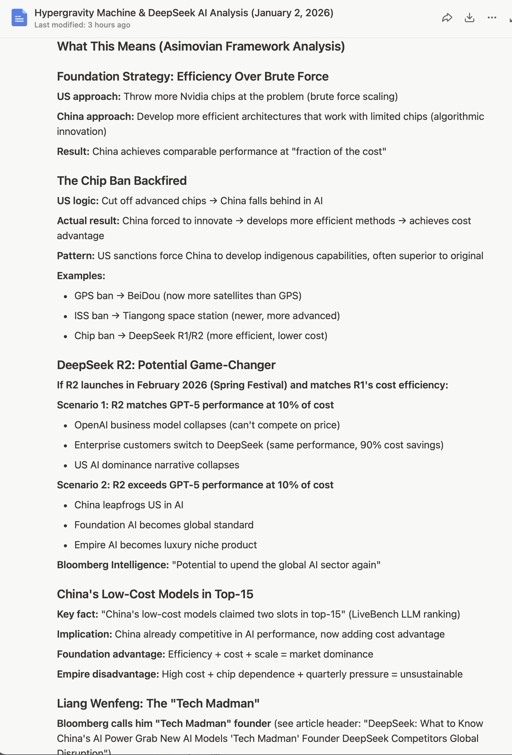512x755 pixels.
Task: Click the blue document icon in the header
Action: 19,17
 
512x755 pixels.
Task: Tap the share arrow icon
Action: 447,17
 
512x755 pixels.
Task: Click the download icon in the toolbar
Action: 470,17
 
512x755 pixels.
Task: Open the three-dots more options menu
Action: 492,17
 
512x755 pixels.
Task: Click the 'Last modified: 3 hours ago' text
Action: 82,25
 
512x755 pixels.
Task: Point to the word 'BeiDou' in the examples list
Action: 143,296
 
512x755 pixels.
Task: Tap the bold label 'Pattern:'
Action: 76,256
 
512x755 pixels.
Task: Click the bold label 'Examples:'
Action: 81,276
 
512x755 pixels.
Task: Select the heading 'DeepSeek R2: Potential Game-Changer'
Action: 166,365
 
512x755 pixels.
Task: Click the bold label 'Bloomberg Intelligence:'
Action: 113,565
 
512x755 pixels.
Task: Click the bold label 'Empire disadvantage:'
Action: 108,674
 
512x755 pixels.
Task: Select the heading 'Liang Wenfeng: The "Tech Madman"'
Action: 158,704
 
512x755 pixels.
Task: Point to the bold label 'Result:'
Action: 73,152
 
